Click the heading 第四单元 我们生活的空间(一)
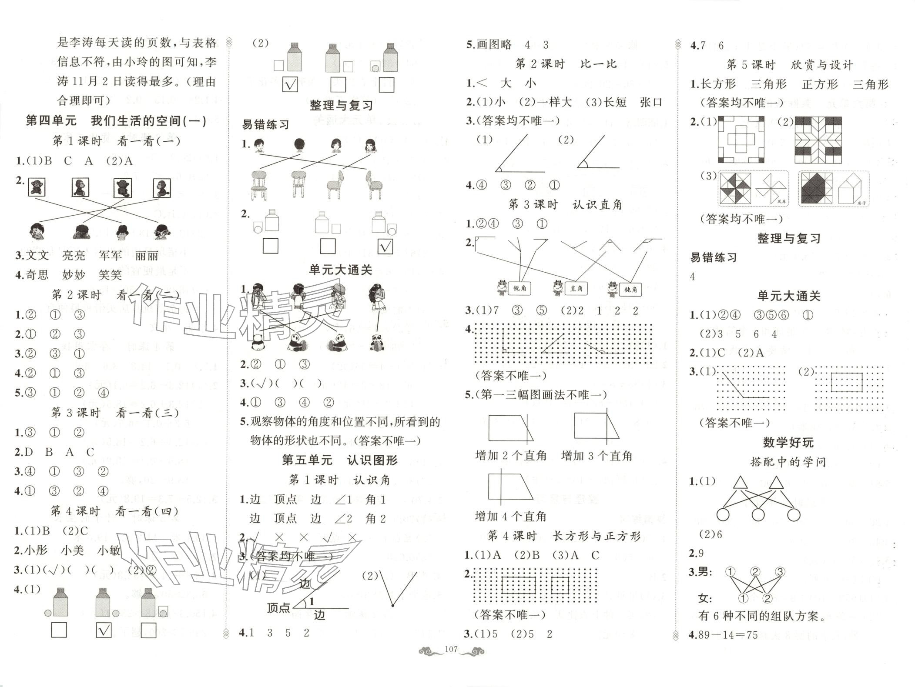click(x=116, y=121)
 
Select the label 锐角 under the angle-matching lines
click(x=520, y=288)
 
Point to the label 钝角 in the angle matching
click(x=630, y=289)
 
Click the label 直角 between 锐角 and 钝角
click(x=576, y=288)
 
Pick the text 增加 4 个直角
click(x=510, y=517)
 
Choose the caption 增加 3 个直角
click(x=597, y=456)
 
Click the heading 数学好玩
click(x=788, y=443)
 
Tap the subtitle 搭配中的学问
click(x=788, y=462)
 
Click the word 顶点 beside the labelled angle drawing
click(x=278, y=608)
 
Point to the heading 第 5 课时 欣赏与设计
click(x=790, y=65)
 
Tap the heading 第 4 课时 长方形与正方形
click(x=564, y=536)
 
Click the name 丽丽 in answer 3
click(x=147, y=256)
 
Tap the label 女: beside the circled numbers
click(x=705, y=599)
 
